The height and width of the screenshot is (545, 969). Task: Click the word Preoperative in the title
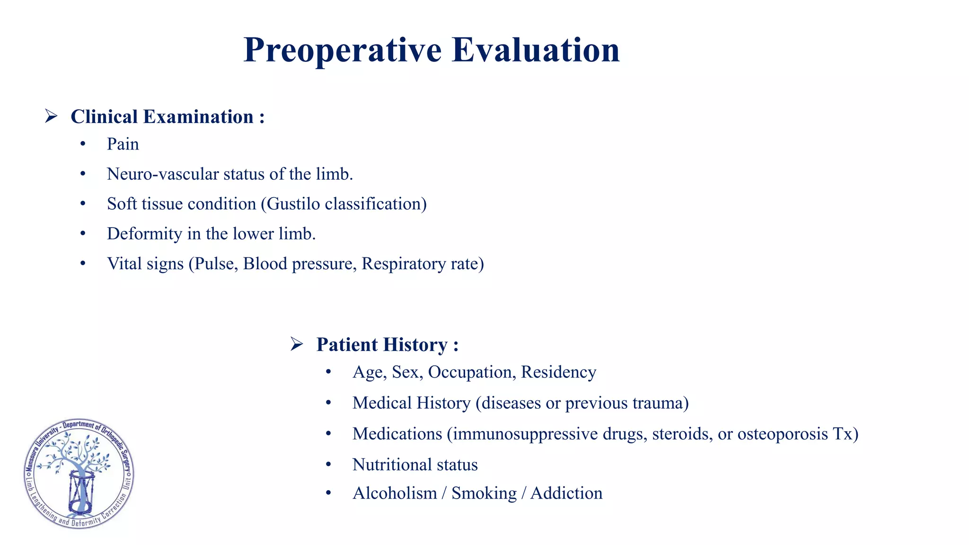[x=343, y=50]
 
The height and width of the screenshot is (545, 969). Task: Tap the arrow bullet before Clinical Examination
[x=51, y=116]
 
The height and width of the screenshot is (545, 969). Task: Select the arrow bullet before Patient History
[x=297, y=343]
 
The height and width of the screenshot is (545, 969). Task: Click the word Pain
[x=123, y=144]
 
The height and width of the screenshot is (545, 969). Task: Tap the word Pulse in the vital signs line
[x=216, y=264]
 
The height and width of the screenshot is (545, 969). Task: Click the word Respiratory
[x=403, y=264]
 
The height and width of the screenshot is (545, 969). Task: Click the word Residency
[x=558, y=372]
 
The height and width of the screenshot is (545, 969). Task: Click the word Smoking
[x=484, y=493]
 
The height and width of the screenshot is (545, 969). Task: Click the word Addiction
[x=566, y=493]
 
